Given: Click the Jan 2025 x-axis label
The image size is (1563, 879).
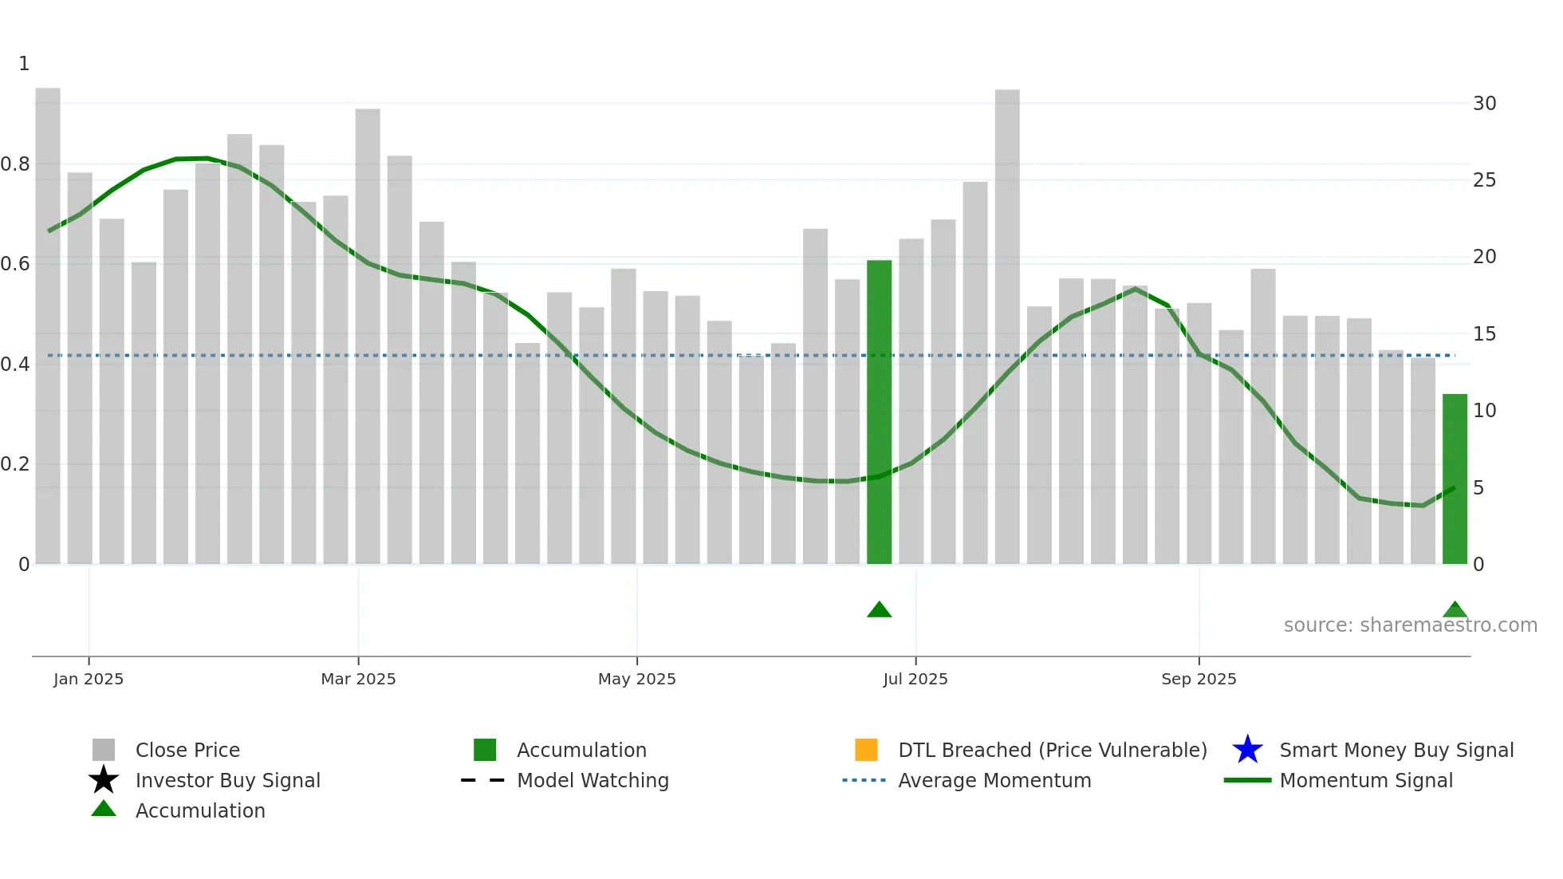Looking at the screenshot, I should tap(89, 679).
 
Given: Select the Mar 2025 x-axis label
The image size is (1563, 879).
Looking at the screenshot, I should tap(358, 679).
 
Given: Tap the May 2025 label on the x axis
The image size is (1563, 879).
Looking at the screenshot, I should tap(636, 679).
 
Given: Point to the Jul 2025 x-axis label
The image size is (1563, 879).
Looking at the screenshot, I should tap(915, 679).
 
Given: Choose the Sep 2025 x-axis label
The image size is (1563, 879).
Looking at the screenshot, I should tap(1199, 679).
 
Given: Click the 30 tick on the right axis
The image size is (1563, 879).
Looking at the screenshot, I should tap(1484, 104).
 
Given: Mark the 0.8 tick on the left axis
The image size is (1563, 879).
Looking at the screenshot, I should tap(16, 164).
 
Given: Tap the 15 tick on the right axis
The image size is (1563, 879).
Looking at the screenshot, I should tap(1484, 334).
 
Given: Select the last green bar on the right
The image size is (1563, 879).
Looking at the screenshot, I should tap(1455, 479).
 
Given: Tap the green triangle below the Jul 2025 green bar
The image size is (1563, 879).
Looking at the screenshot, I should tap(879, 610).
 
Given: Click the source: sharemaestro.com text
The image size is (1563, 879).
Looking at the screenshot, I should tap(1410, 625).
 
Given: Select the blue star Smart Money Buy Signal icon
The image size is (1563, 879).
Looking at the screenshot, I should tap(1247, 750).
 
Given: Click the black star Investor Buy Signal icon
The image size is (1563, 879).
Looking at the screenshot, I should tap(104, 780).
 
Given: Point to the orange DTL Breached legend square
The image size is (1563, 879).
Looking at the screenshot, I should tap(866, 750).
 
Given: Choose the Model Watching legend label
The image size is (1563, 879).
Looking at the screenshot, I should tap(593, 780).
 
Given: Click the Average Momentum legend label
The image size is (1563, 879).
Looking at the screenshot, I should tap(994, 780).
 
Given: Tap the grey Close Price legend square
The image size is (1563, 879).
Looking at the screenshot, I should tap(104, 750).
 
